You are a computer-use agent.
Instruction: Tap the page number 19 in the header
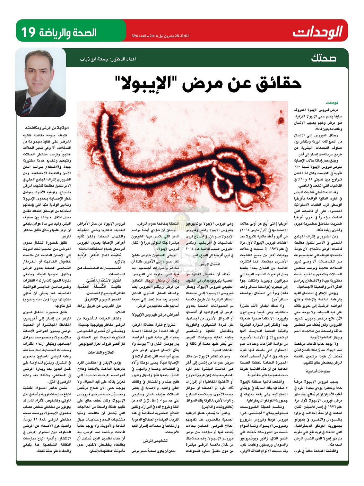pos(28,32)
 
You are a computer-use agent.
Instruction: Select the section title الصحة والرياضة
pos(67,32)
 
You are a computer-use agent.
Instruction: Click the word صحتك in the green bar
pos(323,58)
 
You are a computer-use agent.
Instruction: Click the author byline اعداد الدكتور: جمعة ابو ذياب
pos(108,59)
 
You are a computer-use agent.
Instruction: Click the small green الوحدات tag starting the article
pos(332,103)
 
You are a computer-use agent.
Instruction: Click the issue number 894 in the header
pos(135,36)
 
